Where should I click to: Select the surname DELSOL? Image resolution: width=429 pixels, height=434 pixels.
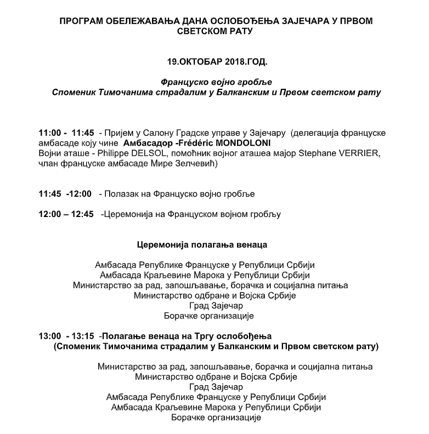pyautogui.click(x=133, y=153)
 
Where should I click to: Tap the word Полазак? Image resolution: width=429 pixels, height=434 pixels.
pyautogui.click(x=127, y=194)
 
